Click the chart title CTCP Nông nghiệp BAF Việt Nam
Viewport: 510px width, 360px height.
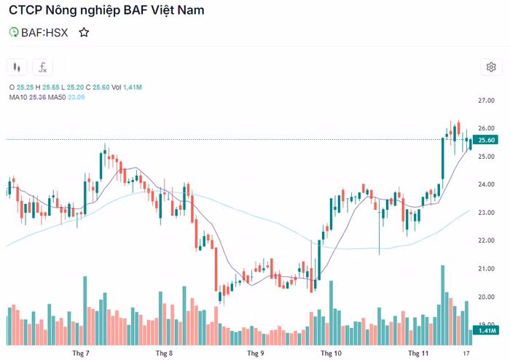tap(106, 11)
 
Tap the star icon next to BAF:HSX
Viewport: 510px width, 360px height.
tap(84, 32)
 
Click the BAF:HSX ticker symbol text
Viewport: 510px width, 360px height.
tap(44, 32)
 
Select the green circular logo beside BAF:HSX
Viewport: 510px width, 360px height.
tap(13, 32)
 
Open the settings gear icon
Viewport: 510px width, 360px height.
tap(491, 67)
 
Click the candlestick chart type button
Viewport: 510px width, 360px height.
tap(17, 67)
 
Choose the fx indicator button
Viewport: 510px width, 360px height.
tap(42, 67)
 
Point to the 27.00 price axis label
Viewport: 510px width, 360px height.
tap(487, 100)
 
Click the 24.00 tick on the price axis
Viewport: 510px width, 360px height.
tap(487, 184)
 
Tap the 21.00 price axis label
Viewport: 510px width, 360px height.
tap(487, 269)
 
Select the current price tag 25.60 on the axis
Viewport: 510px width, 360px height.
tap(484, 140)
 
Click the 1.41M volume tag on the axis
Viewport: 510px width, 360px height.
tap(484, 330)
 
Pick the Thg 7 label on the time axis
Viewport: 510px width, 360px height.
tap(81, 353)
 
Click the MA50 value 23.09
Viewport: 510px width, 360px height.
tap(76, 97)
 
